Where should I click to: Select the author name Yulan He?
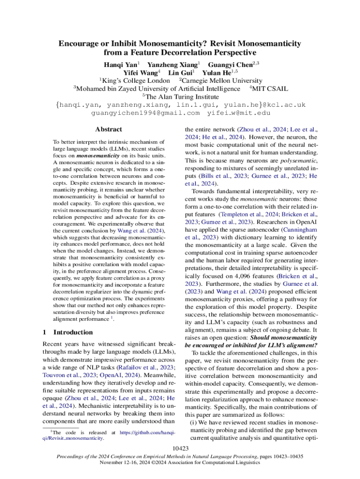click(x=218, y=73)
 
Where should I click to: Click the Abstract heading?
click(x=108, y=129)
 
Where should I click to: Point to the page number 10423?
click(x=180, y=449)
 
